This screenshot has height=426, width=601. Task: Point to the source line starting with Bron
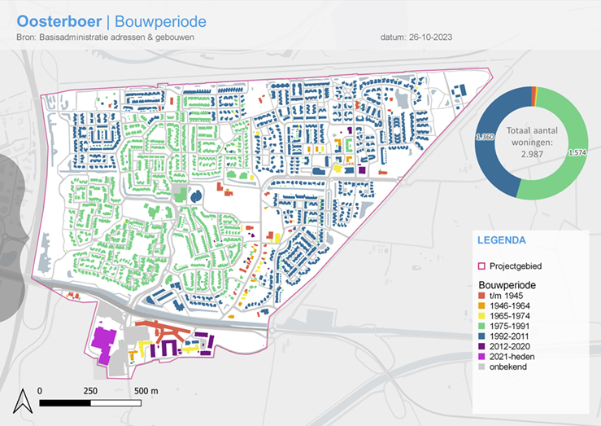111,37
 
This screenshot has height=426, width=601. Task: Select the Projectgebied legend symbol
480,266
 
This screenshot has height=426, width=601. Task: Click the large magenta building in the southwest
103,343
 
